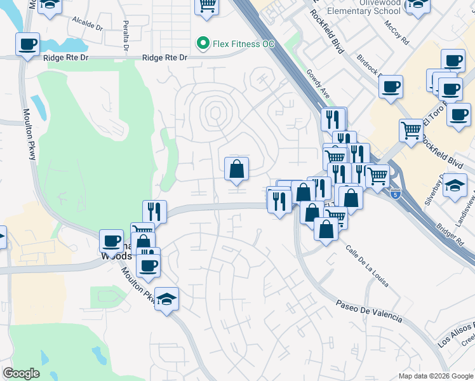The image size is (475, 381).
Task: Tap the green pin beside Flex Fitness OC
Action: click(x=203, y=43)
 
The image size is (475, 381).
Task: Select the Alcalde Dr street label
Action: click(x=87, y=24)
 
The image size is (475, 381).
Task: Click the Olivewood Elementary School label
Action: click(x=361, y=7)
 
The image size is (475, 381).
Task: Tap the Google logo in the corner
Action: click(x=21, y=373)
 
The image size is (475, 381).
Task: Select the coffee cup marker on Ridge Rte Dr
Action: click(x=27, y=44)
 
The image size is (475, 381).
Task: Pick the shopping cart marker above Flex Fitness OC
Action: click(x=206, y=6)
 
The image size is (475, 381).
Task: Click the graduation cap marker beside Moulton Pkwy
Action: click(x=166, y=298)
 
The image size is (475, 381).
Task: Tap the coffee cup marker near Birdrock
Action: click(x=391, y=86)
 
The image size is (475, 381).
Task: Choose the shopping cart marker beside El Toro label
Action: click(x=411, y=130)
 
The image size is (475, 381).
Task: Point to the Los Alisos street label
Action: click(x=457, y=335)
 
